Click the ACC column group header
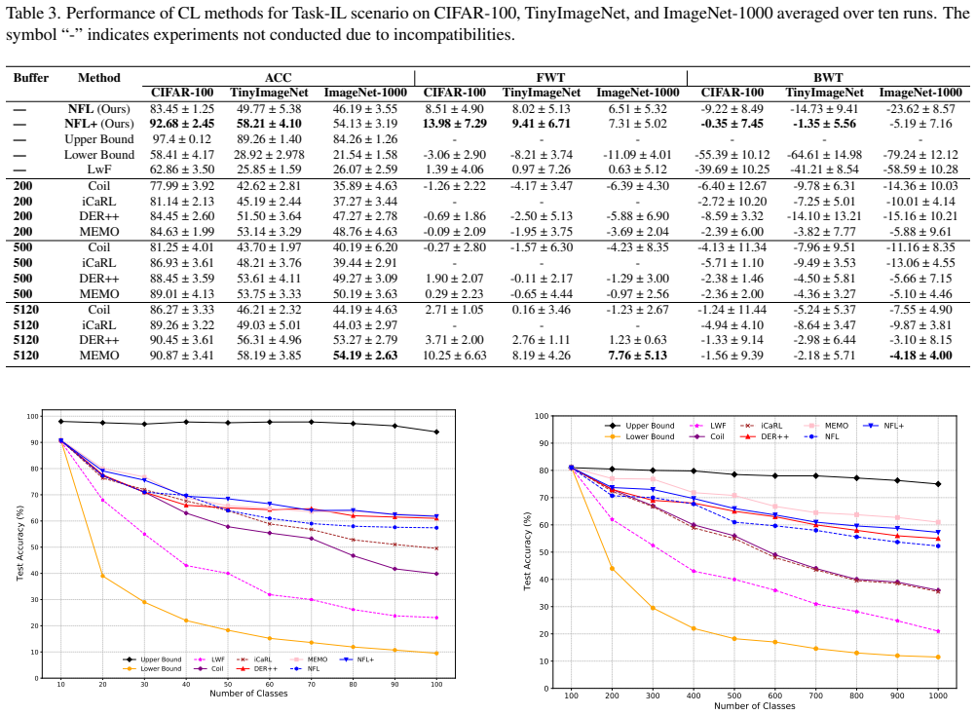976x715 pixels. coord(278,78)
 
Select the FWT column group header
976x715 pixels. coord(550,78)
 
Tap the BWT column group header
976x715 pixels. coord(828,78)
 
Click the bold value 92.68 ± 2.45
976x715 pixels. coord(182,124)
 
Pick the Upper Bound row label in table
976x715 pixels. coord(99,139)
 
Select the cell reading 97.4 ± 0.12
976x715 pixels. coord(182,139)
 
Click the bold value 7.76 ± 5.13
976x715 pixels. coord(637,356)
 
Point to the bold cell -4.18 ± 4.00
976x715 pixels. coord(920,356)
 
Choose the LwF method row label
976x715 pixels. coord(99,169)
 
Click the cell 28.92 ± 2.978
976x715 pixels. coord(269,155)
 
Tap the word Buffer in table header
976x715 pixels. coord(30,78)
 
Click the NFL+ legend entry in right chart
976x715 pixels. coord(883,426)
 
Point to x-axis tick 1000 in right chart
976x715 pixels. coord(938,696)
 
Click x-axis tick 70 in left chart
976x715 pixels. coord(312,685)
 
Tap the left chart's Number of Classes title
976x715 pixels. coord(248,694)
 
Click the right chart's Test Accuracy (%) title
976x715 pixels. coord(527,551)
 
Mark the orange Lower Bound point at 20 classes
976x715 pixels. coord(102,577)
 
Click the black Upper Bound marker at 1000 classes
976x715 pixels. coord(938,484)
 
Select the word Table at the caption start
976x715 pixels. coord(22,13)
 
